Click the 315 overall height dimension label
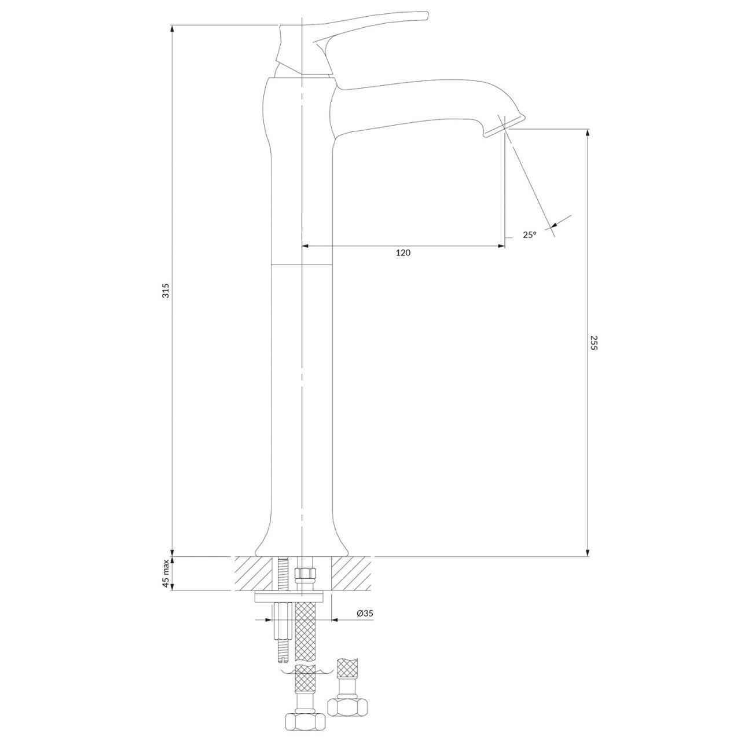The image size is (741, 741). pyautogui.click(x=166, y=291)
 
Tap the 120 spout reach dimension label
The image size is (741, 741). pyautogui.click(x=403, y=252)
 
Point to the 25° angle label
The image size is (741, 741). pyautogui.click(x=529, y=234)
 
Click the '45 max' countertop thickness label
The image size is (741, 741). pyautogui.click(x=166, y=574)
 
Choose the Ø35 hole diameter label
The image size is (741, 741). pyautogui.click(x=365, y=614)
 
